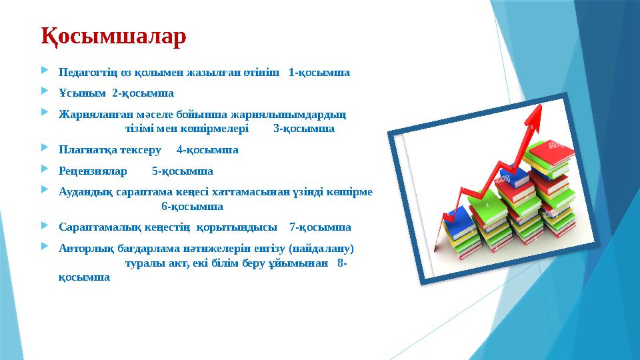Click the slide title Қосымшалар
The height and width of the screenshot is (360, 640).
tap(113, 37)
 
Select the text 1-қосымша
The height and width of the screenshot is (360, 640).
tap(319, 71)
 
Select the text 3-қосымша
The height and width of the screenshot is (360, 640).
tap(304, 128)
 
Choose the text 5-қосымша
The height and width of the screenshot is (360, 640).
tap(183, 171)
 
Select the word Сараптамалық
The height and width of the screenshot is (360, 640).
tap(96, 227)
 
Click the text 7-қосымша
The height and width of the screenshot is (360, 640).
tap(321, 227)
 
